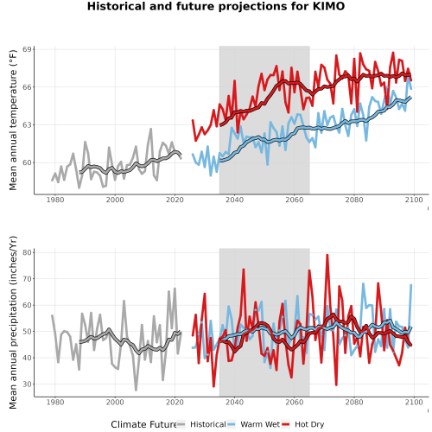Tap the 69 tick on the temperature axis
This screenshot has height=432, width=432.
click(x=27, y=49)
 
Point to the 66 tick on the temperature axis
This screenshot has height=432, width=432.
click(x=27, y=87)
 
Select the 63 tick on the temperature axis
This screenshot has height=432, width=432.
click(x=27, y=125)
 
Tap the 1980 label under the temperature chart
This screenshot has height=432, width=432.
click(x=55, y=200)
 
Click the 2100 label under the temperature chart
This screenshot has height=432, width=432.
click(x=414, y=200)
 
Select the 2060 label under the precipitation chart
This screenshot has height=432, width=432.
click(x=295, y=402)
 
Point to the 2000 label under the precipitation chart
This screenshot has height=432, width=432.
click(x=115, y=402)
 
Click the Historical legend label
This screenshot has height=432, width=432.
click(x=208, y=424)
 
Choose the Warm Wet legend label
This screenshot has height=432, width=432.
click(x=260, y=424)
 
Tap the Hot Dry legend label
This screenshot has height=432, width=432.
click(x=309, y=425)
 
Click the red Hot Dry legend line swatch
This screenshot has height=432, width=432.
click(x=286, y=424)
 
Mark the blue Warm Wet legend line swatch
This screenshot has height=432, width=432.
click(x=232, y=424)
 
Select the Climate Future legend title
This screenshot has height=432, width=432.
click(x=143, y=424)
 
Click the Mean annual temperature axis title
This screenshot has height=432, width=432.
click(x=13, y=120)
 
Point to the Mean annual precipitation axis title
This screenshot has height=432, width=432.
click(x=13, y=322)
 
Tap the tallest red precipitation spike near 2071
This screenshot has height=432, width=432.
click(x=327, y=255)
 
